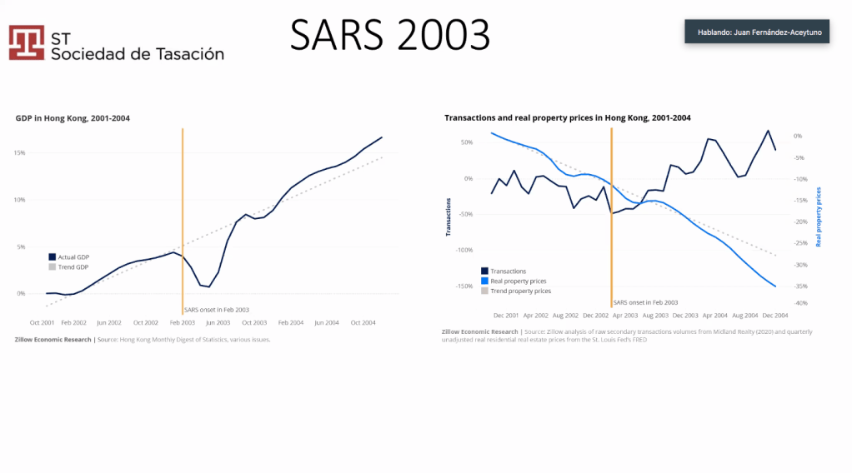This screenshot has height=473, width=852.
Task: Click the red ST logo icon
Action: [x=27, y=42]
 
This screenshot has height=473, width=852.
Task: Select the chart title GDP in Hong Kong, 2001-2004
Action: [x=73, y=118]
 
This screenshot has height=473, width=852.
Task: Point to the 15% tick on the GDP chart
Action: [x=19, y=153]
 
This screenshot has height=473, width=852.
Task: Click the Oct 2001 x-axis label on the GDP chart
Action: [x=43, y=322]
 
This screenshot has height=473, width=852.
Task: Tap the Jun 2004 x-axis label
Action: [x=328, y=322]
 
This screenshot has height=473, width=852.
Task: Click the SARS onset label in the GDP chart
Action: [x=217, y=310]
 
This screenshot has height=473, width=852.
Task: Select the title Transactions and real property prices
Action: [x=568, y=118]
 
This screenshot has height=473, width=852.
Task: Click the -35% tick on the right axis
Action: [x=797, y=286]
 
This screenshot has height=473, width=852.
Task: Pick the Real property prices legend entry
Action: [x=518, y=281]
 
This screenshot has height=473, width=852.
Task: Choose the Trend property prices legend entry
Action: [x=520, y=291]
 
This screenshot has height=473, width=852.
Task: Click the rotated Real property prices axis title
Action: [x=819, y=217]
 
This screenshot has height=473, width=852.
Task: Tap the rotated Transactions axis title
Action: [x=448, y=217]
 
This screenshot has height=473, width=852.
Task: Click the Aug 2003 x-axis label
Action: [x=655, y=316]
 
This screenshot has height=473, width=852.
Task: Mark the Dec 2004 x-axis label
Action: [x=775, y=316]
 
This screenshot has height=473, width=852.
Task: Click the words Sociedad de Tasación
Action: [x=138, y=54]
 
